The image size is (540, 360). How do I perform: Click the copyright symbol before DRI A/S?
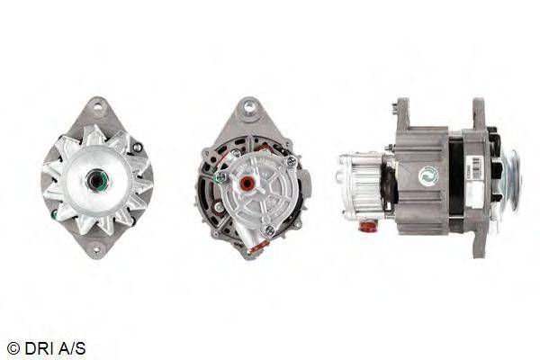[x=13, y=348]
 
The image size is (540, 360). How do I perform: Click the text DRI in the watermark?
[x=36, y=348]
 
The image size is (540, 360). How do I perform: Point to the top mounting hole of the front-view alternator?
[x=98, y=106]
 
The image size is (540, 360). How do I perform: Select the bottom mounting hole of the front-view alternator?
[x=96, y=249]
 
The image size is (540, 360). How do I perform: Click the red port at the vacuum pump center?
[x=247, y=182]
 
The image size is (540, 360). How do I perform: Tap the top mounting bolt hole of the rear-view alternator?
[x=248, y=106]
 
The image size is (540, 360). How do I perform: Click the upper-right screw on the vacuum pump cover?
[x=291, y=161]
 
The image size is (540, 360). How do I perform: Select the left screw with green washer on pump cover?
[x=220, y=177]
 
